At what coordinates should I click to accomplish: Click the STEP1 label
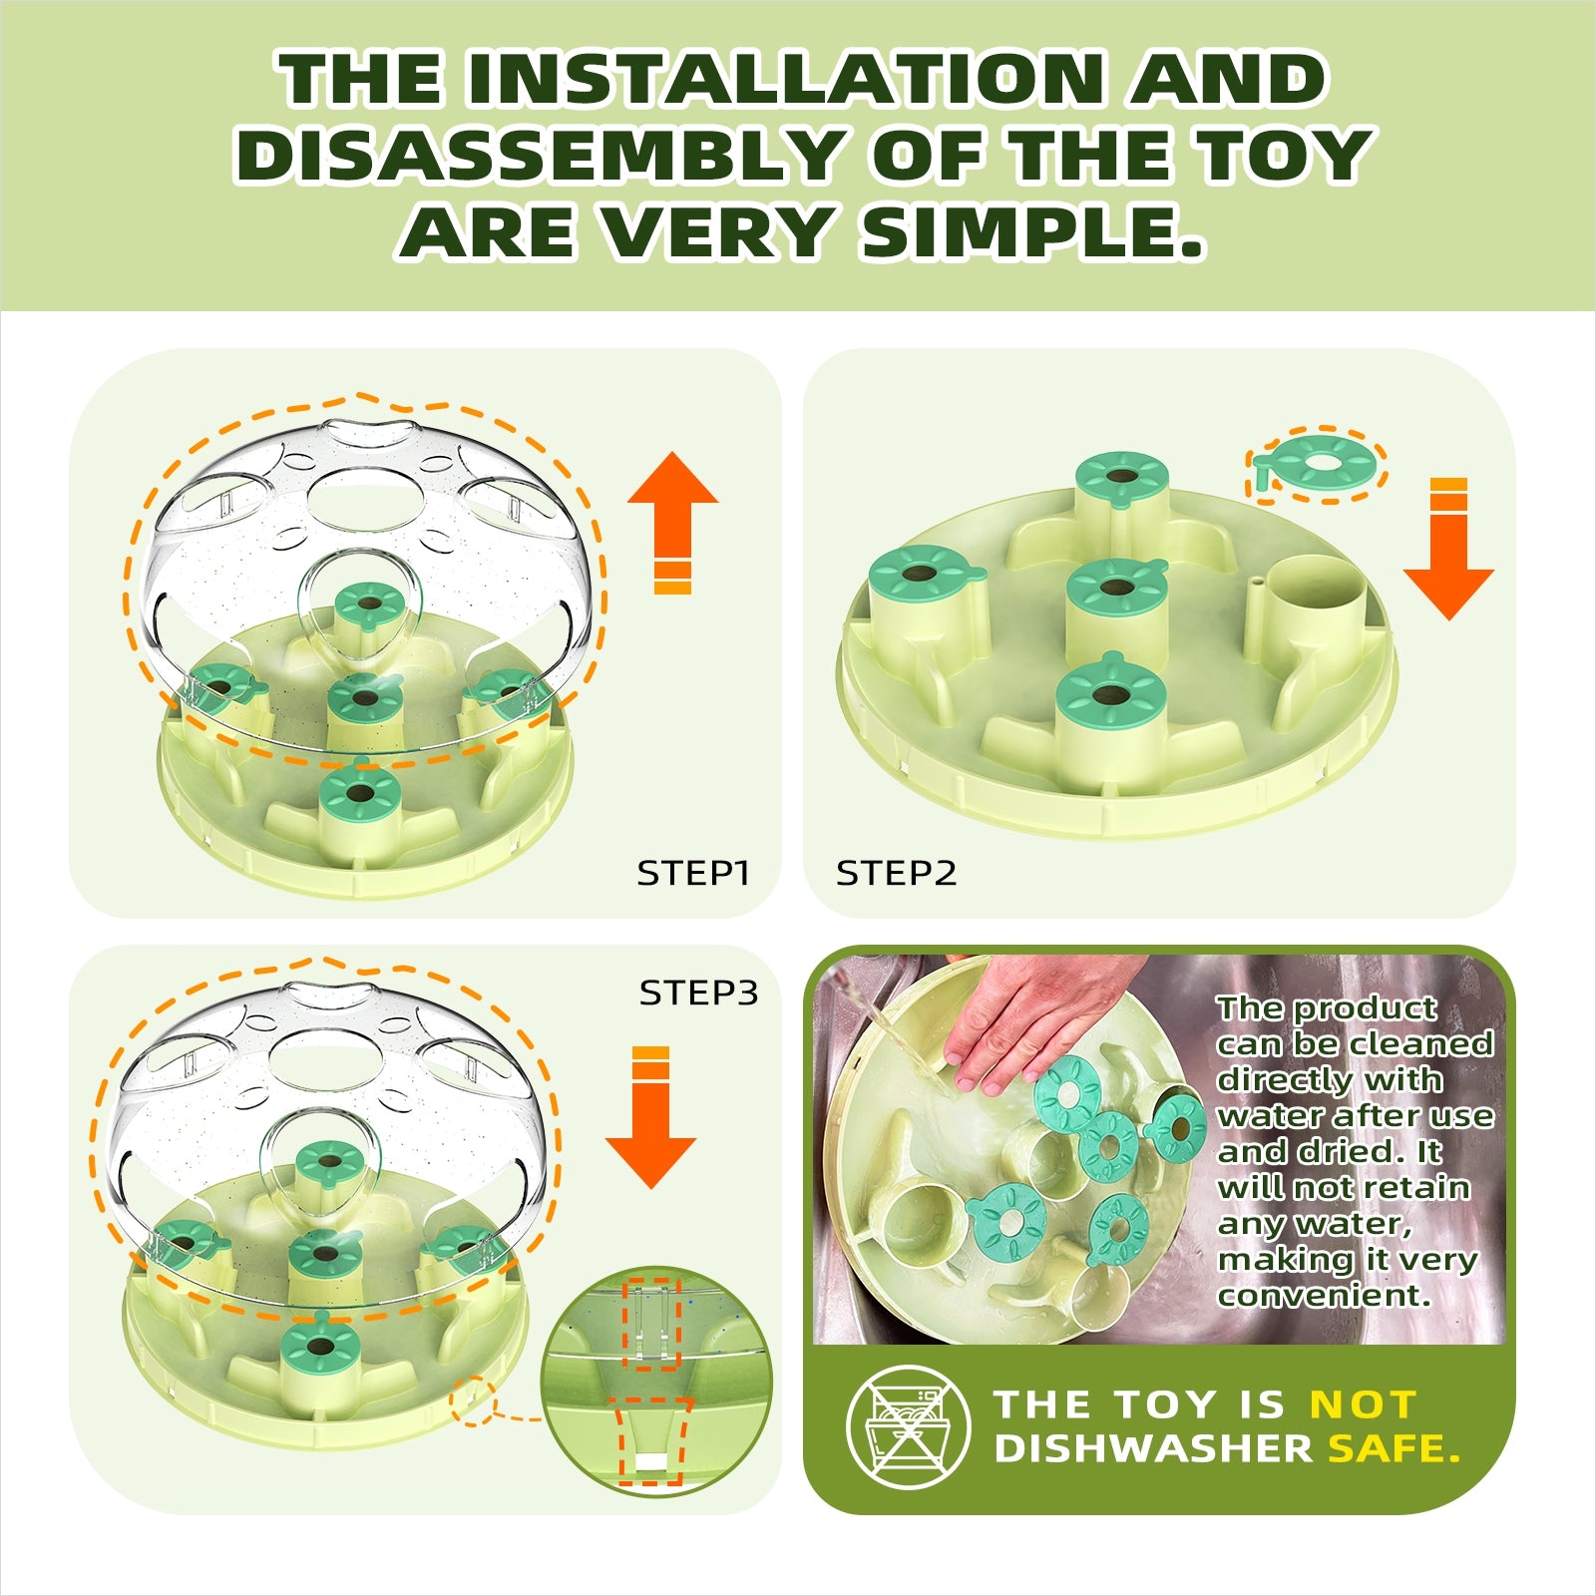coord(693,873)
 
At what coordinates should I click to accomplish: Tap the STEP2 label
coord(896,873)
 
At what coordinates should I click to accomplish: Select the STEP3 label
coord(699,993)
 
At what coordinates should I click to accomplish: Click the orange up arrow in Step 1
coord(673,523)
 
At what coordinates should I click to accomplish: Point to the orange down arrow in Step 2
coord(1448,550)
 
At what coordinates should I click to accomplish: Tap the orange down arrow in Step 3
coord(651,1117)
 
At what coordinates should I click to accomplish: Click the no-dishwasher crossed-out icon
coord(908,1427)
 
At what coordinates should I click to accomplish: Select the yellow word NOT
coord(1363,1404)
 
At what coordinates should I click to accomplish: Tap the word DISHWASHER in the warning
coord(1153,1448)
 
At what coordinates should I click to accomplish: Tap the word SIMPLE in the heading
coord(1033,232)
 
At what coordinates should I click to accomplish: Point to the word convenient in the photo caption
coord(1325,1295)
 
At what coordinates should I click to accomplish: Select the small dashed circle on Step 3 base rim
coord(473,1400)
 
